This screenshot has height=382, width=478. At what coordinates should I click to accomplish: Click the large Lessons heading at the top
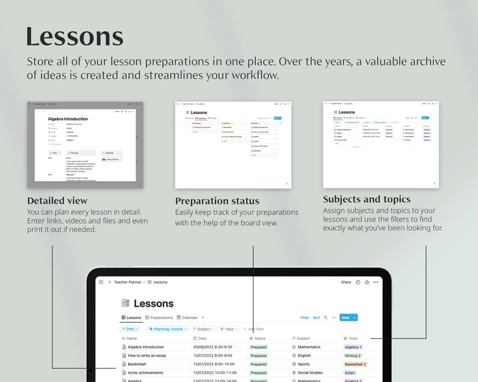[75, 37]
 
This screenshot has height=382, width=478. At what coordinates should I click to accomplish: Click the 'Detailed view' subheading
[57, 201]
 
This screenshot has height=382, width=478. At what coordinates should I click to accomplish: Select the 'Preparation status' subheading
[217, 201]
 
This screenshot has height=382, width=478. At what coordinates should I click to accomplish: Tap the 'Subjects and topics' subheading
[367, 199]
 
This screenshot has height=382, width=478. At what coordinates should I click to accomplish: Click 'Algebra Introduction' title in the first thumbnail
[68, 119]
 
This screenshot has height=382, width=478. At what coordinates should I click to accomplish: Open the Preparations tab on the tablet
[159, 318]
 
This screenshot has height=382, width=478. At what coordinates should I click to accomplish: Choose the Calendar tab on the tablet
[187, 318]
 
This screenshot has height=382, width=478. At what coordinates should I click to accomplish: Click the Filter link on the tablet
[305, 318]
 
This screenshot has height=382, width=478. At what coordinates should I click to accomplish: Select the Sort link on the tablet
[316, 318]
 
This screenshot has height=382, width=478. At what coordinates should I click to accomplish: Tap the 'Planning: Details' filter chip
[168, 329]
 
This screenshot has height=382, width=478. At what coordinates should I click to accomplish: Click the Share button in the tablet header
[346, 282]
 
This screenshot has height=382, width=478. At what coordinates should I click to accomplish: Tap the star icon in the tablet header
[367, 282]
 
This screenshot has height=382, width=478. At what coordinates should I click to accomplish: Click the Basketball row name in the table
[137, 364]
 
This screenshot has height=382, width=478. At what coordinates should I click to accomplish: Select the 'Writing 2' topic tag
[353, 356]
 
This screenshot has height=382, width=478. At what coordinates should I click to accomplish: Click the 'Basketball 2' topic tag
[355, 364]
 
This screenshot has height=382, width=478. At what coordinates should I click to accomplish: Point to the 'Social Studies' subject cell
[310, 373]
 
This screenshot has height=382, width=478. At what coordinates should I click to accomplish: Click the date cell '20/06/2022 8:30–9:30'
[213, 347]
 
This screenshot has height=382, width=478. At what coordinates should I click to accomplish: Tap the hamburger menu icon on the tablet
[101, 282]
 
